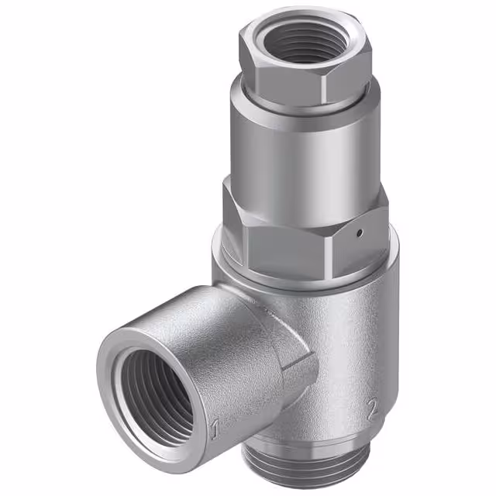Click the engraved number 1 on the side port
(215, 426)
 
